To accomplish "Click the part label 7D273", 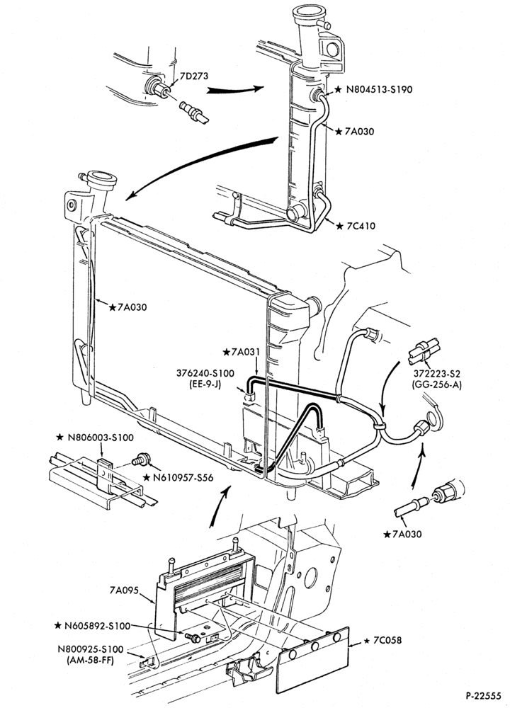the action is tap(194, 76).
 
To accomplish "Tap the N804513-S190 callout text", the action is tap(379, 89).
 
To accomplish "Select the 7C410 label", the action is tap(361, 226).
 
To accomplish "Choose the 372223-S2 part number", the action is tap(437, 374).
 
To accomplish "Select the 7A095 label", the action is tap(124, 590).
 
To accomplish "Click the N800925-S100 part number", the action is tap(91, 649).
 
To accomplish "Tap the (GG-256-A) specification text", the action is tap(437, 385).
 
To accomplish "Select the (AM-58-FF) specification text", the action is tap(91, 660).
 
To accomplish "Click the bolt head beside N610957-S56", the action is tap(141, 459).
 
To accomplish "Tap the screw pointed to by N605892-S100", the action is tap(194, 638).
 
